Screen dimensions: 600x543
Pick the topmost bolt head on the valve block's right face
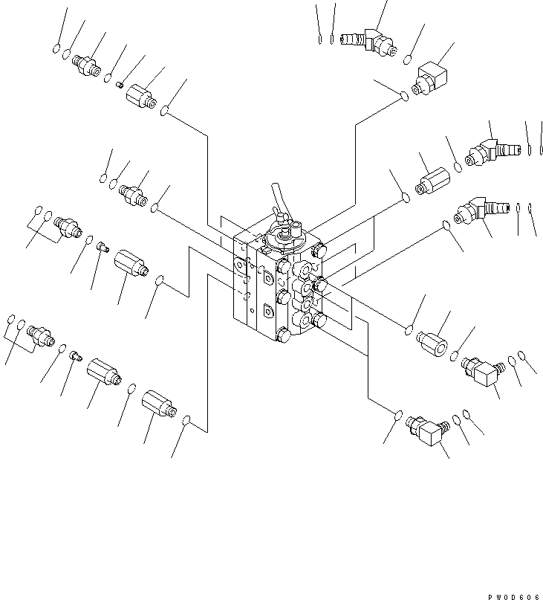pyautogui.click(x=320, y=251)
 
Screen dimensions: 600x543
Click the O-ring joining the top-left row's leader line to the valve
pyautogui.click(x=165, y=113)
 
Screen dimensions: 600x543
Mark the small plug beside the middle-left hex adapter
pyautogui.click(x=103, y=248)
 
